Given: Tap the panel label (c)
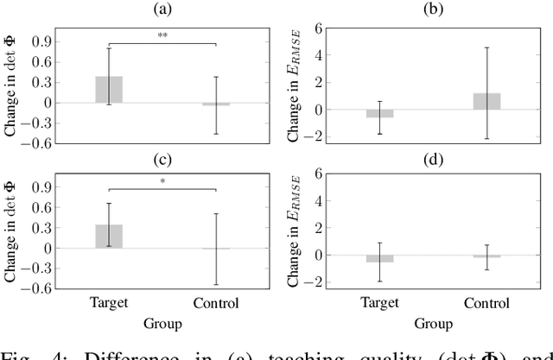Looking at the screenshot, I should [162, 155].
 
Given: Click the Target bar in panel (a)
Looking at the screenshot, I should [109, 90].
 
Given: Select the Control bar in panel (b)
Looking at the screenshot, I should [486, 101].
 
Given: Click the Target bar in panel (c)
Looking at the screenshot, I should [109, 237].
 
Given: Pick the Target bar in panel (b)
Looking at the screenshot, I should [380, 113].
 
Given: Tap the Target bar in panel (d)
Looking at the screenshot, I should [380, 258].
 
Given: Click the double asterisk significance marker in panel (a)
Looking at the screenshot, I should [162, 36].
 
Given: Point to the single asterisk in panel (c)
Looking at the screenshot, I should [162, 182].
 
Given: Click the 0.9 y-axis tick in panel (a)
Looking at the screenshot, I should [40, 41].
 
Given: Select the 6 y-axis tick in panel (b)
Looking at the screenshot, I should [319, 28].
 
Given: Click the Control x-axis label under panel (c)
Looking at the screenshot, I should [214, 304].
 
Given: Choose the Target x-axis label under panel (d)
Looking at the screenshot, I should [380, 304].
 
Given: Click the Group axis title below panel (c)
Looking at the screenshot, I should [162, 325].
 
